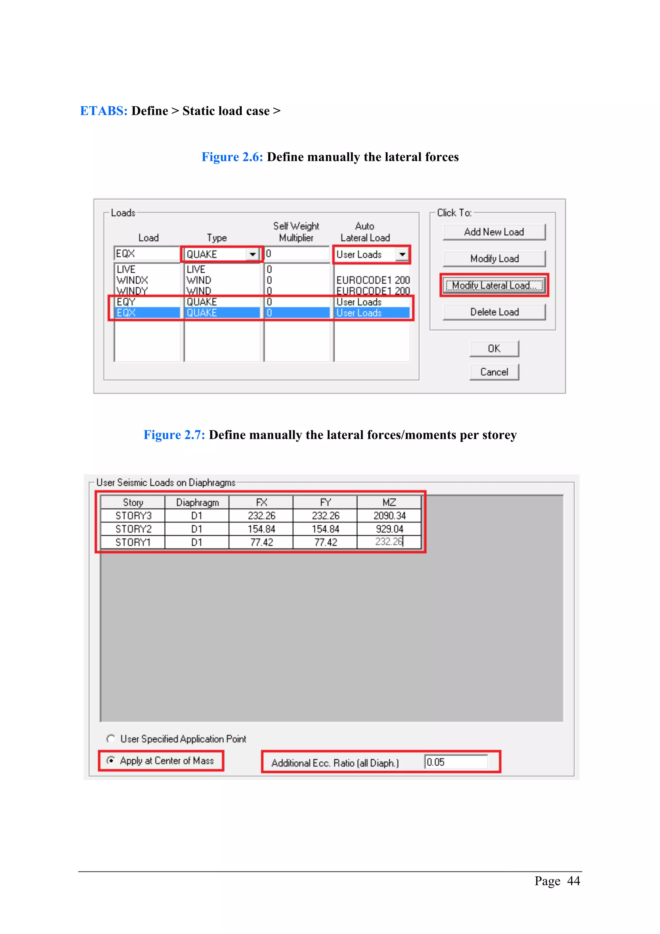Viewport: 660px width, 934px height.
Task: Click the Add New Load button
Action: pos(494,232)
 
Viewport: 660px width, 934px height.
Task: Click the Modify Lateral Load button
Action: pos(494,285)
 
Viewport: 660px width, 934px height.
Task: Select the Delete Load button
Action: pos(494,312)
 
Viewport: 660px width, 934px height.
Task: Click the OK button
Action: pos(494,349)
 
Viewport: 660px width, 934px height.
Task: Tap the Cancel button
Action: pos(494,372)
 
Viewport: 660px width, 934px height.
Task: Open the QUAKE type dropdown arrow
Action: pos(253,254)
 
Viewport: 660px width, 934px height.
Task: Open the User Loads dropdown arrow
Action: pos(402,254)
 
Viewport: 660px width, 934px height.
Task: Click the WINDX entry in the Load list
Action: pos(132,280)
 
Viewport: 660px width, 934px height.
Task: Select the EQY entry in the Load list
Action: pos(126,302)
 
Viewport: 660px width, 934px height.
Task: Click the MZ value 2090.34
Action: pos(389,516)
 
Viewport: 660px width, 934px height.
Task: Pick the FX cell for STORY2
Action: pos(261,529)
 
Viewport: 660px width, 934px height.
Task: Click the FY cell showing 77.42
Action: pos(325,542)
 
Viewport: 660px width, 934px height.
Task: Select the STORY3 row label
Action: pos(133,516)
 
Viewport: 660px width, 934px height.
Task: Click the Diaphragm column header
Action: pos(197,502)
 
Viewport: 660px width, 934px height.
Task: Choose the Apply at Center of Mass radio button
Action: pos(111,760)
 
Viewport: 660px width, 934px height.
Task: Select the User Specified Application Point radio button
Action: pos(111,738)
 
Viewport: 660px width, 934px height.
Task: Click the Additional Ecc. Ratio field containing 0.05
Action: pos(455,762)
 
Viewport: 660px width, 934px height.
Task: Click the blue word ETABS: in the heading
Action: pos(104,111)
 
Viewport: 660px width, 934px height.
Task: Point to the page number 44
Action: pos(573,881)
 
